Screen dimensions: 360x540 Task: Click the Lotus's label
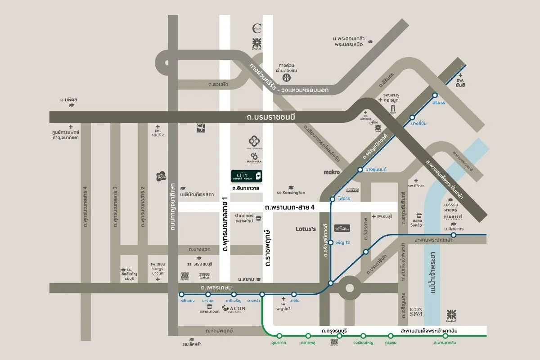pos(306,229)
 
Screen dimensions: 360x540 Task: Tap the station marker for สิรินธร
pos(435,95)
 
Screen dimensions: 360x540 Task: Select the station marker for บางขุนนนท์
pos(360,170)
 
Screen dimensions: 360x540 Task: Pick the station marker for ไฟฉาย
pos(333,199)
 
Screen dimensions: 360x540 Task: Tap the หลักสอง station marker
pos(181,294)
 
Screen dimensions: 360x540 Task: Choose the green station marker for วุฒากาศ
pos(279,336)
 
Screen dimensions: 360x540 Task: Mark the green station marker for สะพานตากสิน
pos(445,336)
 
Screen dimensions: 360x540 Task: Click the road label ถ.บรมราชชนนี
pos(267,117)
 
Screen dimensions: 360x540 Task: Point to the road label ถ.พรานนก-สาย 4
pos(290,207)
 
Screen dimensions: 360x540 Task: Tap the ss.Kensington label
pos(291,193)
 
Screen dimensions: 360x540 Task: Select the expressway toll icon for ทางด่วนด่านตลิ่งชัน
pos(286,77)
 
